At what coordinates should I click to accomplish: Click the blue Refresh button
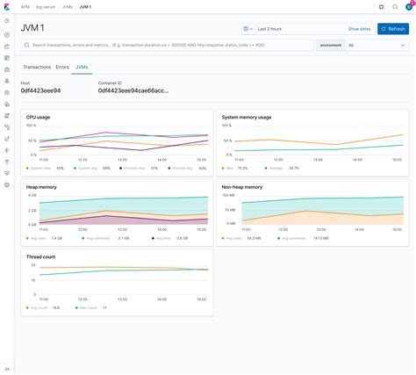pyautogui.click(x=393, y=29)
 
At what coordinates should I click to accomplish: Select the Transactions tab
pyautogui.click(x=37, y=67)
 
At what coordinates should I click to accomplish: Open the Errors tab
pyautogui.click(x=62, y=67)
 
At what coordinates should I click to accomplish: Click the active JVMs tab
pyautogui.click(x=82, y=67)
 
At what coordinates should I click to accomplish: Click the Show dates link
pyautogui.click(x=359, y=29)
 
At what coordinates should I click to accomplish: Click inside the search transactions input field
pyautogui.click(x=167, y=45)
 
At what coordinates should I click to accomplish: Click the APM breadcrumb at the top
pyautogui.click(x=25, y=7)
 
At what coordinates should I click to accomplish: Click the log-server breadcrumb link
pyautogui.click(x=47, y=7)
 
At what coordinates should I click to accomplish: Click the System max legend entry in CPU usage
pyautogui.click(x=40, y=168)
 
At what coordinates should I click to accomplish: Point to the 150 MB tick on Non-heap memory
pyautogui.click(x=229, y=195)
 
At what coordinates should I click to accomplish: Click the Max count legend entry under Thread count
pyautogui.click(x=90, y=307)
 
